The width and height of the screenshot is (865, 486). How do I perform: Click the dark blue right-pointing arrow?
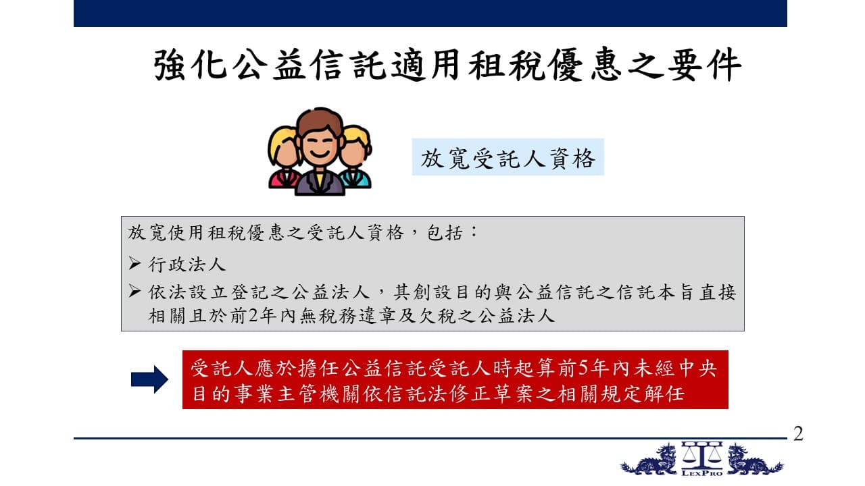(149, 379)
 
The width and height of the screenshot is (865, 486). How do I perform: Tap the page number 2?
(799, 433)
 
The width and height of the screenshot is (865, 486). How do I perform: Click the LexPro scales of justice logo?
(701, 458)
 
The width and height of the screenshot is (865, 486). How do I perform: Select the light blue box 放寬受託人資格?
(508, 157)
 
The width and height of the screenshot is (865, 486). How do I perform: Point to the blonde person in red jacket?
(285, 157)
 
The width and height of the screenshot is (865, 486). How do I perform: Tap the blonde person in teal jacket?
(355, 157)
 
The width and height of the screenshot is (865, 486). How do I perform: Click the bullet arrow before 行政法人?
(134, 263)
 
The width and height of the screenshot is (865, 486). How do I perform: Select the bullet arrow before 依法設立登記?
(134, 291)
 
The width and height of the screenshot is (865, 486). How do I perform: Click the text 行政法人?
(187, 265)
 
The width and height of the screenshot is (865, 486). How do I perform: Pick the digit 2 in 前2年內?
(253, 316)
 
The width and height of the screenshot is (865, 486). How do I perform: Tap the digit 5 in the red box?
(583, 369)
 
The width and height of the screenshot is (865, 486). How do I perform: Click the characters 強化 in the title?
(190, 65)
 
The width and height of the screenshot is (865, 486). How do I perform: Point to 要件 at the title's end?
(705, 65)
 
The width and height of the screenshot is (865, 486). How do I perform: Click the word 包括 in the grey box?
(445, 233)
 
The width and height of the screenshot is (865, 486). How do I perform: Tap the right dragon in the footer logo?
(755, 460)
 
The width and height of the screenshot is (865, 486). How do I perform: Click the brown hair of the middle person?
(320, 121)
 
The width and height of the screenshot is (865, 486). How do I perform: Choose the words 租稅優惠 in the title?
(545, 65)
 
